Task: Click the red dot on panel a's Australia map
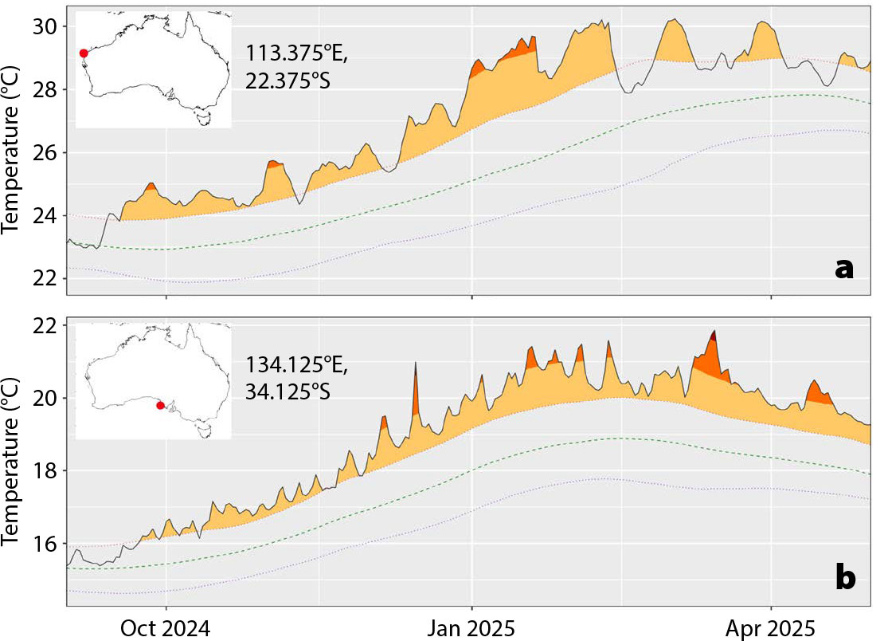[x=84, y=53]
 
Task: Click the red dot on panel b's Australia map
[x=160, y=405]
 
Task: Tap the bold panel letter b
[x=845, y=578]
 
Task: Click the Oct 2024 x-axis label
[x=166, y=627]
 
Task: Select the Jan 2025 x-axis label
[x=471, y=627]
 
